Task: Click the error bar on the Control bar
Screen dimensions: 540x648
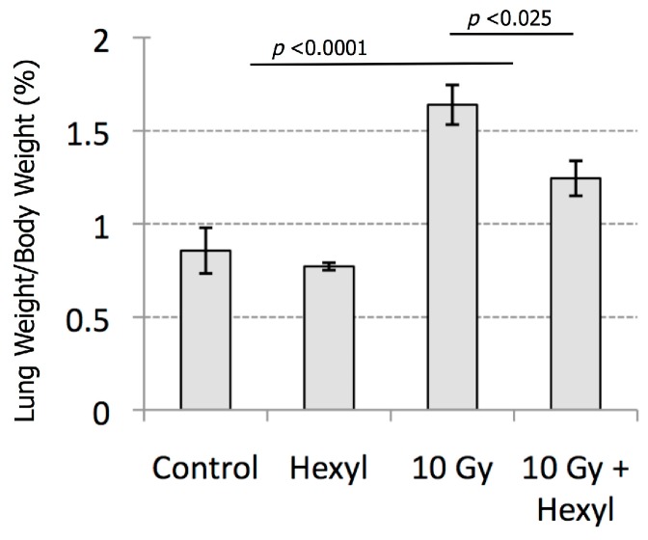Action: (x=205, y=250)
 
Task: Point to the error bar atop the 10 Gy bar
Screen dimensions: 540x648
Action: (x=452, y=104)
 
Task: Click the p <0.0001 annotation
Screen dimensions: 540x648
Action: (x=319, y=47)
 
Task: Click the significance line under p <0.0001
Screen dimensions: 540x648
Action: (x=381, y=65)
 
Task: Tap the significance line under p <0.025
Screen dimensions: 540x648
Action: (x=512, y=34)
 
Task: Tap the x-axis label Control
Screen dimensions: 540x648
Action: (x=205, y=470)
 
